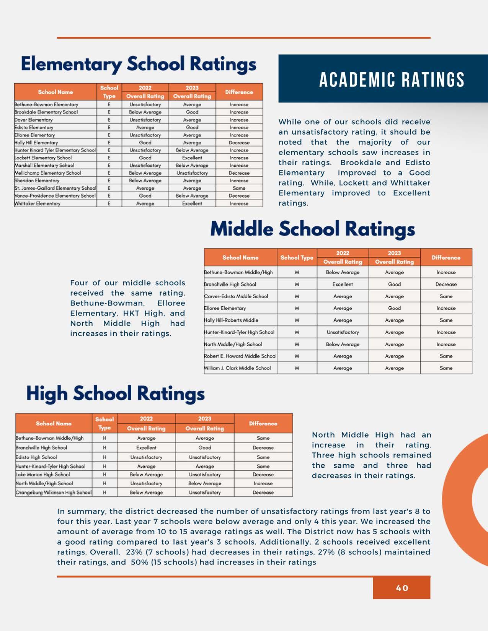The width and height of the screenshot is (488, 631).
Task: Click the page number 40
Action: tap(402, 588)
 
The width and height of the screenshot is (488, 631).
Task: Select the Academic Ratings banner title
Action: tap(392, 80)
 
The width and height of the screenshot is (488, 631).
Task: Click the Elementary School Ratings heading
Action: tap(139, 64)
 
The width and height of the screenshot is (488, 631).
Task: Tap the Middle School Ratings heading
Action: tap(312, 229)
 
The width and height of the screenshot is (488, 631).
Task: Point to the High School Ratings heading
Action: tap(115, 394)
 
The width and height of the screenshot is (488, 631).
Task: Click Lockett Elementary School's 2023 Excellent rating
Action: tap(192, 158)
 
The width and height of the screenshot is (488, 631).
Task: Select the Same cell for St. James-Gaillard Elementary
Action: tap(239, 188)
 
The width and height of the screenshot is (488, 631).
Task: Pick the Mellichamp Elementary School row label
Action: tap(48, 173)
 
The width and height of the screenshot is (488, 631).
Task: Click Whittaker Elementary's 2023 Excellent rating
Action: tap(192, 203)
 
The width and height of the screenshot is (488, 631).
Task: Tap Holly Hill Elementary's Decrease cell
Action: tap(239, 143)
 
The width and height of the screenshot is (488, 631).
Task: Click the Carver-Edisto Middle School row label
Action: tap(236, 296)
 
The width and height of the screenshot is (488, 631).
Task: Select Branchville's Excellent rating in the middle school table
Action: tap(343, 285)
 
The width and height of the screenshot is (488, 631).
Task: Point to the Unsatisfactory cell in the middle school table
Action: tap(343, 332)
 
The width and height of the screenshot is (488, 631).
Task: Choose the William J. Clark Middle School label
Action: tap(237, 368)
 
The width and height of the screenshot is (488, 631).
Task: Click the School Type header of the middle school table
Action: tap(297, 258)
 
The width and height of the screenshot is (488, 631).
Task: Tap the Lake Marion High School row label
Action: tap(43, 475)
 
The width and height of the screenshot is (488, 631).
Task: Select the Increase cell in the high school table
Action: tap(263, 483)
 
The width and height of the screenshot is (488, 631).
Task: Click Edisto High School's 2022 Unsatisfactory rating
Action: tap(146, 457)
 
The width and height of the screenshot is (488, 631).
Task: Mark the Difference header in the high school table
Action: tap(263, 423)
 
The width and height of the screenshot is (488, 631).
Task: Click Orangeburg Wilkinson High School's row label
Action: tap(54, 493)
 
